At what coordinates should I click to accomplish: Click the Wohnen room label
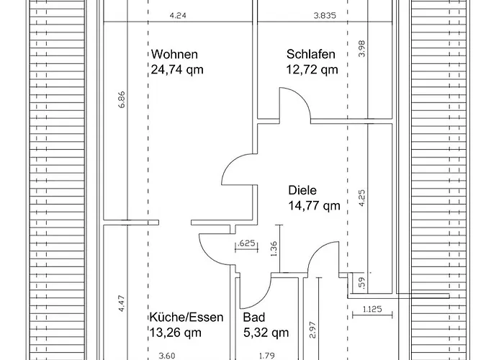(174, 54)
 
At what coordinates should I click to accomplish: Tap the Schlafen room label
(311, 54)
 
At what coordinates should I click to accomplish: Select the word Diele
(302, 190)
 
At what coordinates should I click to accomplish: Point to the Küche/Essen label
(186, 318)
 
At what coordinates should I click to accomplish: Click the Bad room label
(254, 318)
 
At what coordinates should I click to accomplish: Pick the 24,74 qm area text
(177, 69)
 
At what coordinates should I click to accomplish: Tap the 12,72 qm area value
(312, 69)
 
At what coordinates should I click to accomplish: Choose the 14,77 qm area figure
(314, 205)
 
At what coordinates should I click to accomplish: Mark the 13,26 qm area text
(176, 333)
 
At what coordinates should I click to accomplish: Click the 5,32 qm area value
(266, 333)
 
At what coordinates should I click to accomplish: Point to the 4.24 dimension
(178, 15)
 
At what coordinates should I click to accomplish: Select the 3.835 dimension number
(325, 15)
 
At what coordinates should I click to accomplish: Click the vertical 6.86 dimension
(122, 99)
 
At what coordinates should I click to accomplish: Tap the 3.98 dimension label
(361, 48)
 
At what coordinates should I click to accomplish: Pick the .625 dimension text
(246, 243)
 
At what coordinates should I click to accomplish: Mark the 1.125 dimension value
(372, 309)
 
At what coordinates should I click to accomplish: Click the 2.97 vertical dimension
(312, 330)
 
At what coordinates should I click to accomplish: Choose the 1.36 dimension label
(274, 249)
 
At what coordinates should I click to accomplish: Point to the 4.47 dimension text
(122, 304)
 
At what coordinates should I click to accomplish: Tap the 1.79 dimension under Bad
(267, 356)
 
